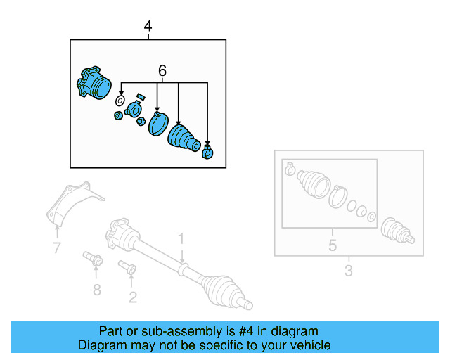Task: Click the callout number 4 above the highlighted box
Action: point(148,27)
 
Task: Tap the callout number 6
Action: point(162,71)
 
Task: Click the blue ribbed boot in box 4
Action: point(184,137)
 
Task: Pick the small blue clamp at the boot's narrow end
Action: point(208,150)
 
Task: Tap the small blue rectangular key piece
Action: point(140,96)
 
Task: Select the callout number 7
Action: point(57,247)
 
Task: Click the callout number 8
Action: point(97,289)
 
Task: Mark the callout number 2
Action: point(132,297)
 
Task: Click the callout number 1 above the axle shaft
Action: point(181,238)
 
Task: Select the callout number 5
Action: point(333,245)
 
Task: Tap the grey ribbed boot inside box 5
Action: point(312,185)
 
